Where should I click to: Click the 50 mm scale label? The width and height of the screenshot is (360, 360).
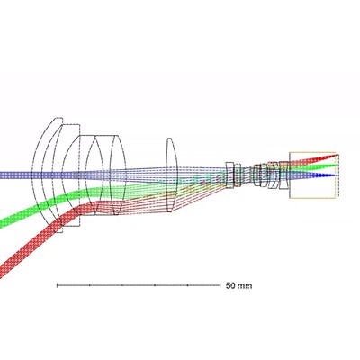(x=238, y=285)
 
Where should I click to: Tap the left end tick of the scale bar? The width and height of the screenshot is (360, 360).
(x=57, y=285)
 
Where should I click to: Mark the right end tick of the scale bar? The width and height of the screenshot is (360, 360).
(x=220, y=285)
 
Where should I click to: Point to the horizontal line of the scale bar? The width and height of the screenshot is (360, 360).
(x=139, y=285)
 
